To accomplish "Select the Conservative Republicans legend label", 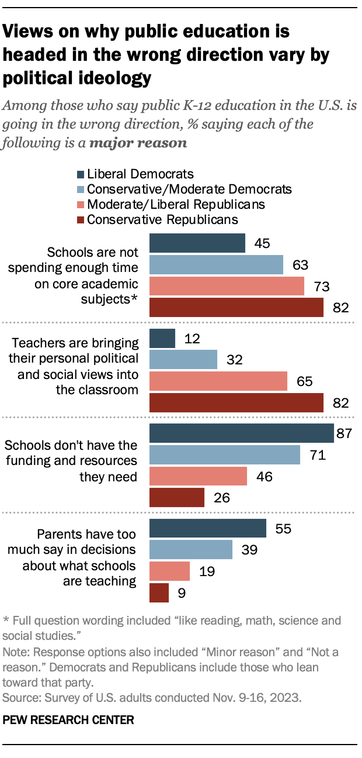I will (x=162, y=220).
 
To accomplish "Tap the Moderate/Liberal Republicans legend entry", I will (x=176, y=205).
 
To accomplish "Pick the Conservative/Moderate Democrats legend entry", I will (x=189, y=189).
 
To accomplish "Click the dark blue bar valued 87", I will (x=242, y=433).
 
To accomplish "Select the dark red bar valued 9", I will (x=159, y=592).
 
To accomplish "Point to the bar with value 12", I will (x=162, y=338).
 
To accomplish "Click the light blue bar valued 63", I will (x=217, y=265).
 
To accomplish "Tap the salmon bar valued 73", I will (x=227, y=286).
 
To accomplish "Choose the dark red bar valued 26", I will (x=177, y=497).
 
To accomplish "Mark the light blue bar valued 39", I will (x=191, y=550).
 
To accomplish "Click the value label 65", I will (x=304, y=381).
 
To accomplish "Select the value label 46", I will (x=264, y=476).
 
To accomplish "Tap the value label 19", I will (x=206, y=571).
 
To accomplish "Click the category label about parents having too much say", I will (x=86, y=557).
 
